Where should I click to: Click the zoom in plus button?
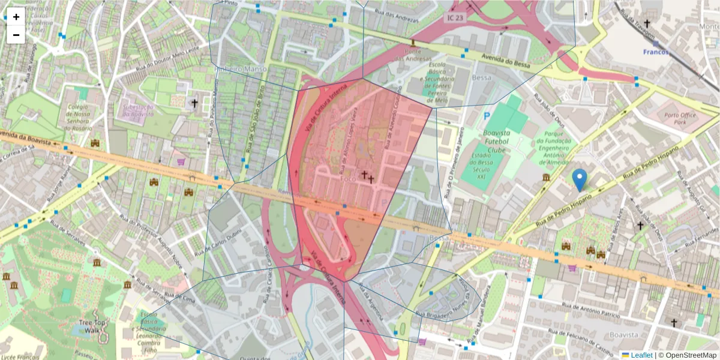[x=16, y=17]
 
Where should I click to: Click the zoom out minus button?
[x=16, y=35]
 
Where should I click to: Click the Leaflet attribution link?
[x=641, y=355]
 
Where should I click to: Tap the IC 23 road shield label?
[x=455, y=19]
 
